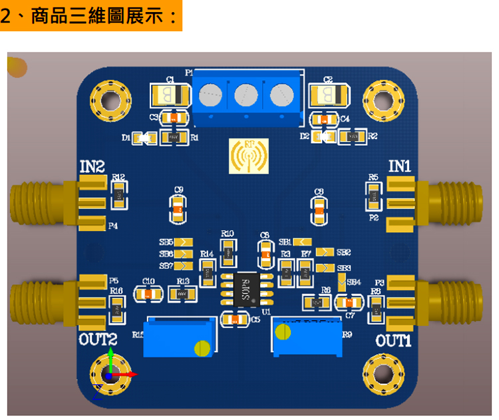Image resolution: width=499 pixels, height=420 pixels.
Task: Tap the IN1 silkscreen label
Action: point(400,166)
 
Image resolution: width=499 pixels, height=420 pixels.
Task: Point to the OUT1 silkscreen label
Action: point(394,341)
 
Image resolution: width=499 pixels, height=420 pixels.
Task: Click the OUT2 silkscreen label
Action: point(98,339)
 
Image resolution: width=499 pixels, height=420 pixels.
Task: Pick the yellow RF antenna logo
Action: point(249,155)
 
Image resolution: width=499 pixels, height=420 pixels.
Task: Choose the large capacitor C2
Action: point(329,95)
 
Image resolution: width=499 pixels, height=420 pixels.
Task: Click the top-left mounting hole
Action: point(109,98)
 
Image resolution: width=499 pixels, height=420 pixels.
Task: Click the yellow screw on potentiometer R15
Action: point(201,347)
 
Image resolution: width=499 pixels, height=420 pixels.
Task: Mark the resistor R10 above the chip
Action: point(228,252)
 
